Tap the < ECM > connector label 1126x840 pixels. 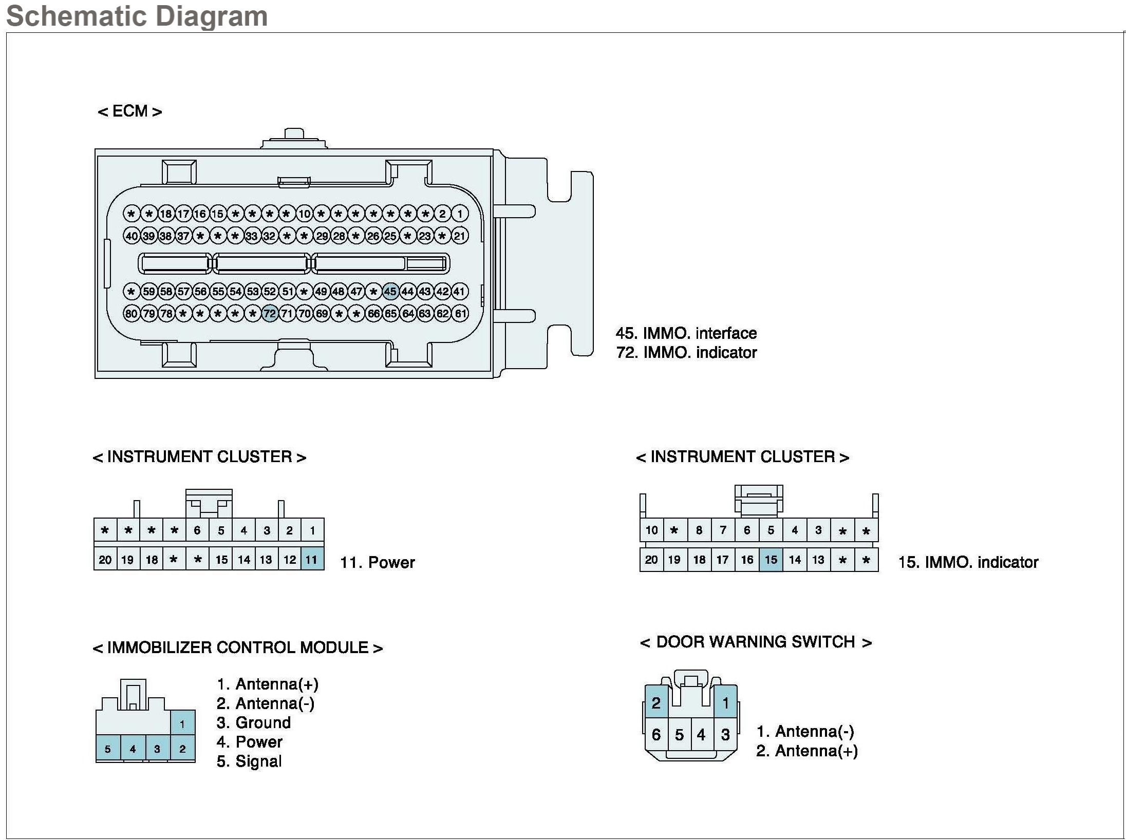[x=130, y=111]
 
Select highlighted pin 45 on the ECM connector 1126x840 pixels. [x=390, y=292]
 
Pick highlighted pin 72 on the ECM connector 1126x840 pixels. [x=270, y=313]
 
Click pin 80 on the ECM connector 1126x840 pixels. [x=132, y=313]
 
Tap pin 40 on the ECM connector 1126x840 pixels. [x=132, y=236]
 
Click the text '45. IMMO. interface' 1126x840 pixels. [x=686, y=333]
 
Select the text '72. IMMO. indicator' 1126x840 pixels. [x=686, y=353]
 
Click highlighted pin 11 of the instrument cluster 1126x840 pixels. [x=312, y=559]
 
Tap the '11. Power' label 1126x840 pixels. [x=377, y=562]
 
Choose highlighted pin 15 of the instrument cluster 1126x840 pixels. [x=771, y=559]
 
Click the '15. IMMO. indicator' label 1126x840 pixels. [x=968, y=562]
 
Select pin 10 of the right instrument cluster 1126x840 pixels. [x=651, y=530]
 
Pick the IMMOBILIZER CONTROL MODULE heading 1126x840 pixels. [x=237, y=647]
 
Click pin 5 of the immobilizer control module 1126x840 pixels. [x=108, y=749]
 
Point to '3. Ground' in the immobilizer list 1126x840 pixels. [x=253, y=722]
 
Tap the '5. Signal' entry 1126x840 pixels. [x=249, y=761]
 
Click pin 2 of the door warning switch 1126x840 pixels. [x=656, y=702]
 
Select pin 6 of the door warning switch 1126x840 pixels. [x=656, y=735]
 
